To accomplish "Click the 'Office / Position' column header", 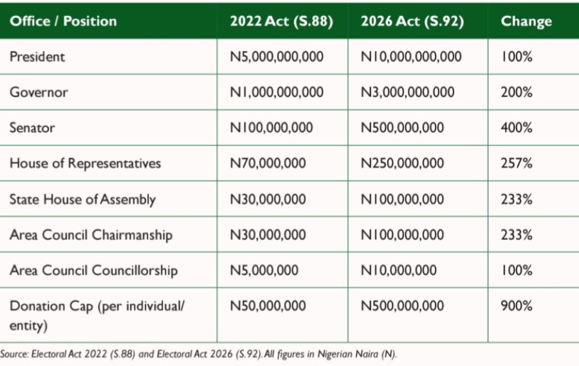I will pos(63,21).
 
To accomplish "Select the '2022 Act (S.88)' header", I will pos(281,21).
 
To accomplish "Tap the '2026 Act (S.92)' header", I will pos(412,21).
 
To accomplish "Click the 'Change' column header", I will pos(526,21).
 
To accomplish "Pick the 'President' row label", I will pos(37,57).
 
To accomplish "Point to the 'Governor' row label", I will pos(39,92).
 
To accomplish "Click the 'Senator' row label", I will pos(32,127).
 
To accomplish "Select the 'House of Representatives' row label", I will pos(85,163).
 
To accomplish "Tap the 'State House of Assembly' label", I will pos(82,199).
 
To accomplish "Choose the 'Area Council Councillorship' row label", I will pos(93,270).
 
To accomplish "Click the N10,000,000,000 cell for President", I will pos(411,57).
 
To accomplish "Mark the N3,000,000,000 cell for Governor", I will pos(407,92).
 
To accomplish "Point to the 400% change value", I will pos(517,127).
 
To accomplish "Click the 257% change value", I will pos(517,163).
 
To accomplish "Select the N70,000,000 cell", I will pos(268,163).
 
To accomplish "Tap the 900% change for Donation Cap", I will pos(517,306).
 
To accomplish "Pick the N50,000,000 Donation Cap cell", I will pos(268,306).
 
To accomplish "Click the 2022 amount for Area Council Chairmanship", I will pos(268,235).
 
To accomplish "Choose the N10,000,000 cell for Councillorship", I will pos(398,270).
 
